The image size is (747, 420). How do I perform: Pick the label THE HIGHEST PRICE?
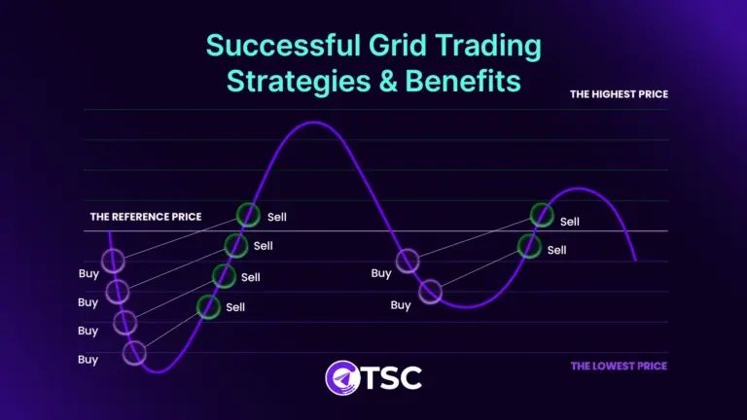click(619, 94)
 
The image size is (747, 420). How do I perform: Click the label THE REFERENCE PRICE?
click(146, 217)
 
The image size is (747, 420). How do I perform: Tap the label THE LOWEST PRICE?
click(619, 366)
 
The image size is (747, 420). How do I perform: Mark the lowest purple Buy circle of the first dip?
click(134, 353)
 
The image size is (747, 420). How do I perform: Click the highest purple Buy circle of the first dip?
click(113, 260)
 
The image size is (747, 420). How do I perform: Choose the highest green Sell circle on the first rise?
click(248, 214)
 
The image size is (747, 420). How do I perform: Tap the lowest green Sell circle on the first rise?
click(208, 306)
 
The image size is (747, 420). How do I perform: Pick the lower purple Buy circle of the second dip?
click(429, 291)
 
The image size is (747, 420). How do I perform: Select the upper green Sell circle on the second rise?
click(542, 215)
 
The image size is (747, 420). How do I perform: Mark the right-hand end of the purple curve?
click(635, 261)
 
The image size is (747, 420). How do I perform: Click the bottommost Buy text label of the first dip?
click(88, 360)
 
